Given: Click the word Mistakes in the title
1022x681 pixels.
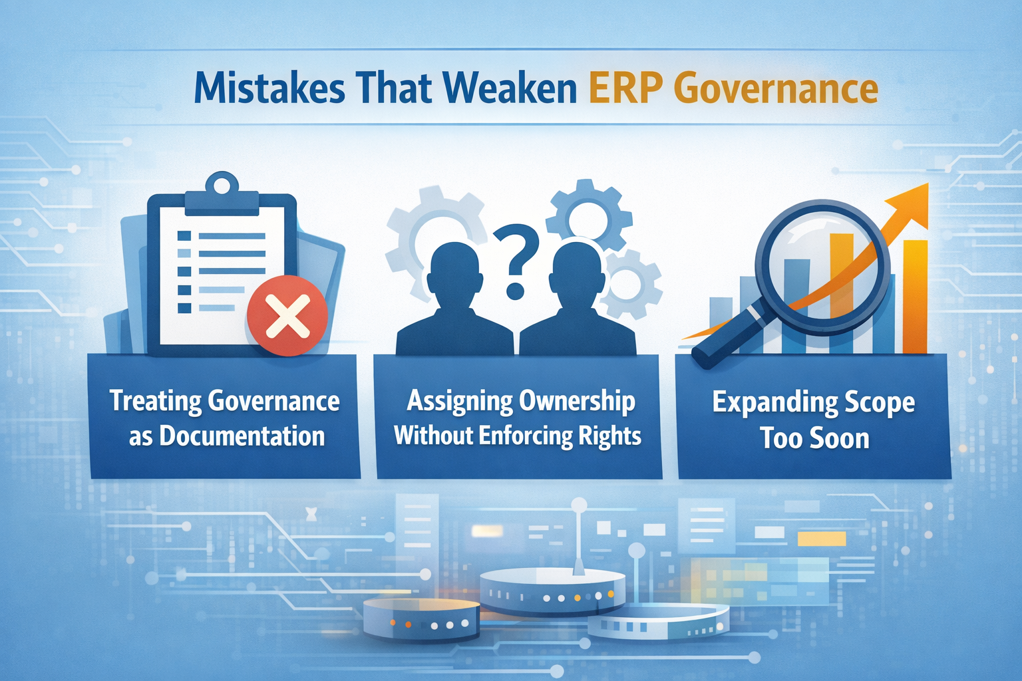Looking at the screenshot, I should coord(269,89).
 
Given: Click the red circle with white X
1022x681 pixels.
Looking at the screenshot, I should coord(287,315).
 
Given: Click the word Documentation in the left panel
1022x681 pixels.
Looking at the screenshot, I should coord(242,436).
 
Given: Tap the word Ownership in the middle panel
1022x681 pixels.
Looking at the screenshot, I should coord(577,400).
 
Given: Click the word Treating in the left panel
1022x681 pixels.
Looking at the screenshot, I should coord(154,400).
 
